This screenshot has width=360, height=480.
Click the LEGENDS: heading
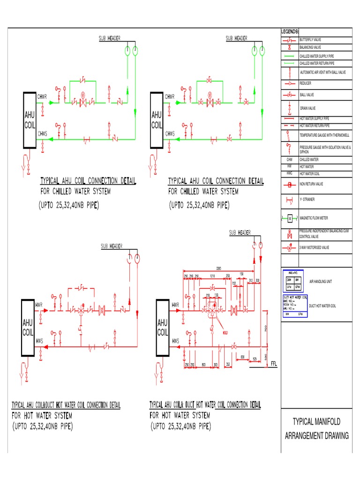(290, 31)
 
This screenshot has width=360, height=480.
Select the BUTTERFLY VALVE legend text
(310, 40)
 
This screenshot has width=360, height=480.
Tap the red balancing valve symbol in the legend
(290, 47)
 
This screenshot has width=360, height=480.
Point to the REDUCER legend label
(306, 83)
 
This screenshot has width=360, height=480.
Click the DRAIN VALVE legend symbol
(290, 108)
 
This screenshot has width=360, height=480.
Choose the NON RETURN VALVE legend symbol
(290, 184)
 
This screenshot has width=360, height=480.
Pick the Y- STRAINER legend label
(307, 200)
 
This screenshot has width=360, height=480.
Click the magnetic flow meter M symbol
(290, 218)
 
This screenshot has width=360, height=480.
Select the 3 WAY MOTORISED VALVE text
(315, 247)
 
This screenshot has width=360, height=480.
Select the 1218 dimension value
(213, 276)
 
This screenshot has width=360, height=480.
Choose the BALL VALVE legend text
(308, 95)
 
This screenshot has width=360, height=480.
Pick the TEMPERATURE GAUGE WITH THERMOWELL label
(325, 135)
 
